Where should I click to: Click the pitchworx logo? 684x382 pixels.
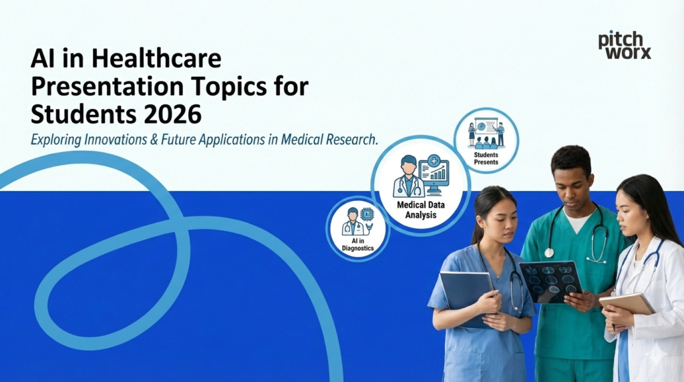tap(624, 45)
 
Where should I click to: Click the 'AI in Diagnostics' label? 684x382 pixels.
tap(357, 244)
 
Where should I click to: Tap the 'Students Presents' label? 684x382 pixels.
tap(486, 158)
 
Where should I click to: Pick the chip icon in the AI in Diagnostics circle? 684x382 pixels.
tap(367, 214)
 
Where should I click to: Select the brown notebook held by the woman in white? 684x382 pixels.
tap(627, 304)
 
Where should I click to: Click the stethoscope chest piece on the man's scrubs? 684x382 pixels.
tap(549, 252)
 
